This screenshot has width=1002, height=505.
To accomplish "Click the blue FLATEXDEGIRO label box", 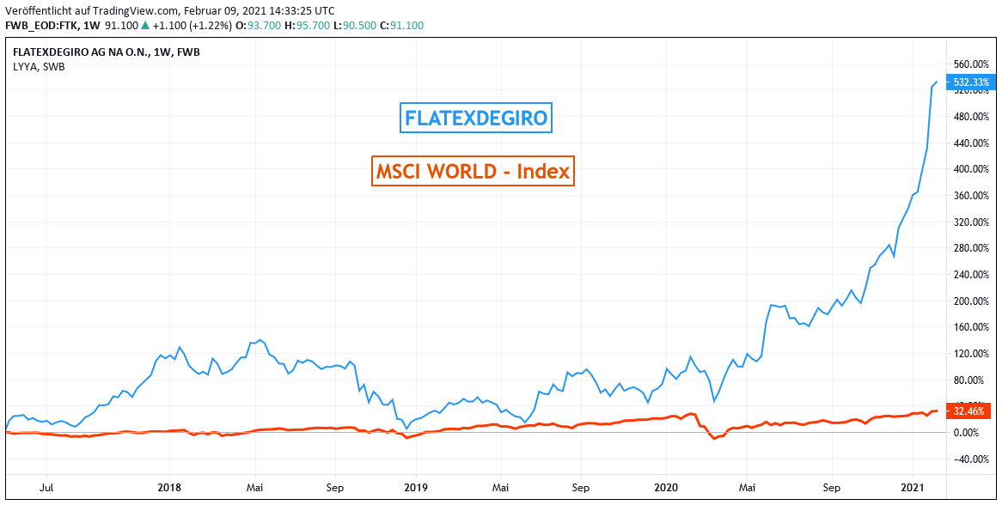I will click(476, 118).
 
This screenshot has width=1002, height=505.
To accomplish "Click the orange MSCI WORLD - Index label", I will click(472, 171).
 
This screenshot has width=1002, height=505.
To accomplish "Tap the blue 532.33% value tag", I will click(971, 82).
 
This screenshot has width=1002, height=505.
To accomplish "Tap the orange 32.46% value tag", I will click(970, 411).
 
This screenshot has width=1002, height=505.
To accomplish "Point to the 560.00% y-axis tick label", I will click(971, 64).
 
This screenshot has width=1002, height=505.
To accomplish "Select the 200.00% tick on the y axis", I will click(971, 301).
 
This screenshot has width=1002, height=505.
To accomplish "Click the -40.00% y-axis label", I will click(971, 459).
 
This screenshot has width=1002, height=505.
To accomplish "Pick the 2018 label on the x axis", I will click(170, 486).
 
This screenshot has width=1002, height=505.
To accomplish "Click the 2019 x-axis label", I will click(416, 486).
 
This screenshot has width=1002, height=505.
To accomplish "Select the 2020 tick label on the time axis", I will click(667, 486).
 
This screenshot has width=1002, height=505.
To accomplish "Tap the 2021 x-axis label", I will click(913, 486).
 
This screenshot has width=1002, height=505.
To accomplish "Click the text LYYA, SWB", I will click(39, 66).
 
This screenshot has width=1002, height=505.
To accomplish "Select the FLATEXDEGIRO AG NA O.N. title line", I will click(107, 52).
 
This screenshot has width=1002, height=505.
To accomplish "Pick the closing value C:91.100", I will click(406, 25).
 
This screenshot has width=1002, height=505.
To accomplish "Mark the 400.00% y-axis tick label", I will click(971, 169).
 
